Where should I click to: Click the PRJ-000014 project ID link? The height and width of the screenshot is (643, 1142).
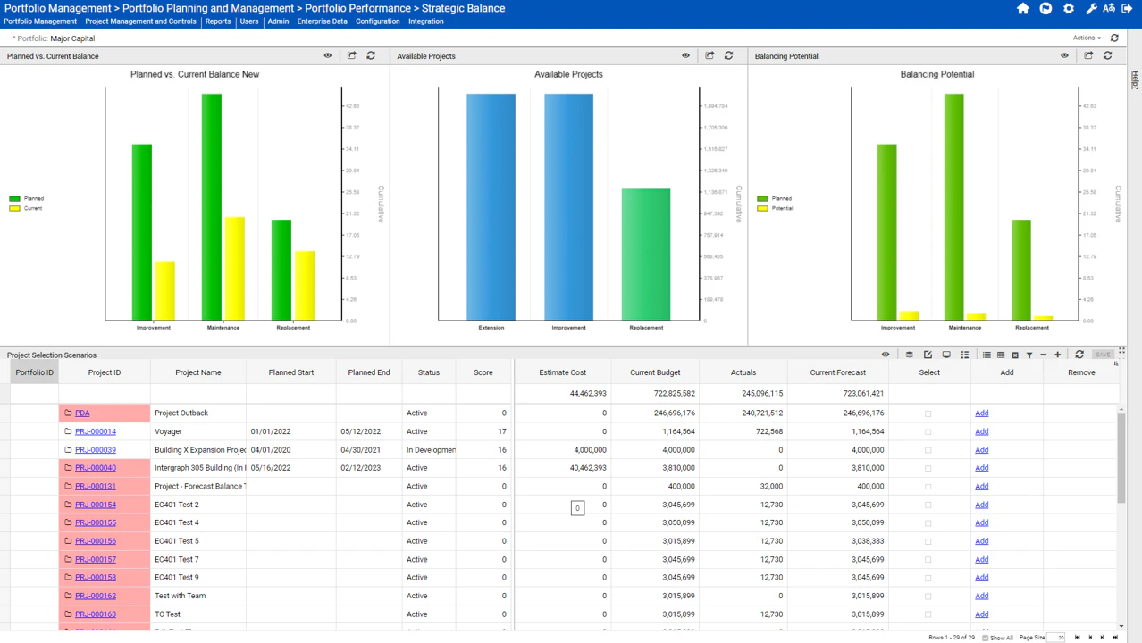point(96,431)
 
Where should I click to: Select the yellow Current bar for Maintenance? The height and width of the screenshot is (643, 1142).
point(235,268)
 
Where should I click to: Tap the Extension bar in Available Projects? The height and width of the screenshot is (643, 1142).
point(491,206)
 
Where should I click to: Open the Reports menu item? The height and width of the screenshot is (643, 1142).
point(218,21)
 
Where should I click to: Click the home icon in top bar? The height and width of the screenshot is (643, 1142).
point(1023,9)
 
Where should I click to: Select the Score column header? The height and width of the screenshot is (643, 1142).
point(483,372)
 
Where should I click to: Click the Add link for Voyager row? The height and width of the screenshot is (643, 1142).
point(982,431)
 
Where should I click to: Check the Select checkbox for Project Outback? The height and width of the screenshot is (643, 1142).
point(928,413)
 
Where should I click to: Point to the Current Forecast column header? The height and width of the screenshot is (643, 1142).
point(838,372)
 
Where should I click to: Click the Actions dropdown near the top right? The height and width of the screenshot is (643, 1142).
point(1087,38)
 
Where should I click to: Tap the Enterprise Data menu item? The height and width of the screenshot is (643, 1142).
point(322,21)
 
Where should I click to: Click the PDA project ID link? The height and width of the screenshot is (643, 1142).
point(82,413)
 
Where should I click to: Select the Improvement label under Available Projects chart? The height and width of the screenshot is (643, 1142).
point(568,328)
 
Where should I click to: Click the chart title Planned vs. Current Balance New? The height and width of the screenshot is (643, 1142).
point(195,74)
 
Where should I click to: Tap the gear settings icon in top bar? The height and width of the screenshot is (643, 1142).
point(1069,9)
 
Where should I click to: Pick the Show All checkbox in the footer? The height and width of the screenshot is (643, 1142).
point(986,638)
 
